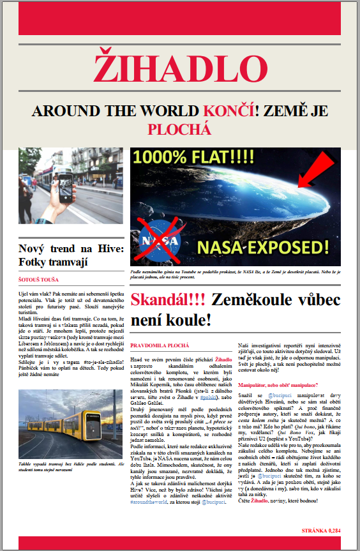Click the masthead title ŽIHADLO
click(x=179, y=68)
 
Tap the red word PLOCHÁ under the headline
click(x=179, y=130)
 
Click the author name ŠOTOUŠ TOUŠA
click(x=39, y=279)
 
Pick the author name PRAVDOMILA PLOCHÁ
click(x=160, y=345)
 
